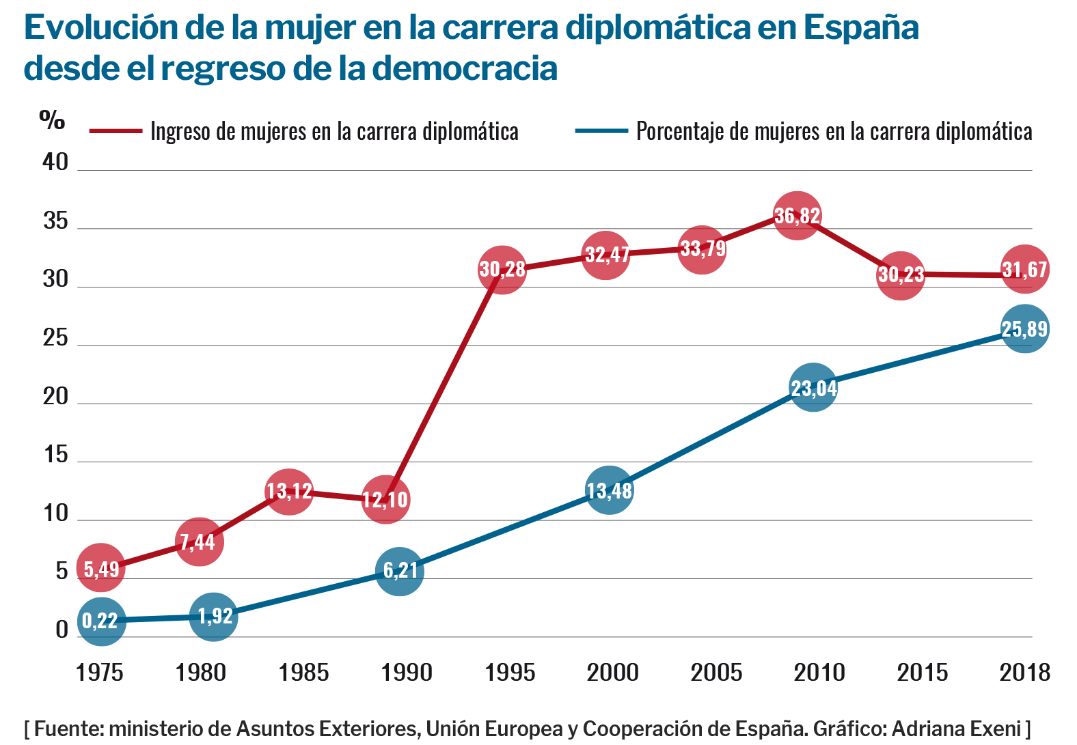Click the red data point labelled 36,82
point(797,216)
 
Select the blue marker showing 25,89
point(1024,329)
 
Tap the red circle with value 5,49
point(101,568)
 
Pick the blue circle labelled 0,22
point(101,621)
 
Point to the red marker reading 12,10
point(385,500)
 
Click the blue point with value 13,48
point(610,490)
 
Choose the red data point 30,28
point(502,269)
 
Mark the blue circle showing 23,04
point(813,388)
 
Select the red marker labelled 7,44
point(199,542)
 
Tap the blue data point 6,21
point(400,570)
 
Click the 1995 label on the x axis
point(510,673)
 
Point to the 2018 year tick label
point(1024,673)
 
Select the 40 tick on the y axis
point(56,162)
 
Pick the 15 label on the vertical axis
point(56,455)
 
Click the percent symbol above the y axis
point(52,121)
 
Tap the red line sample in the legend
point(115,130)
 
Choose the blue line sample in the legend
point(601,130)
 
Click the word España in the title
point(861,27)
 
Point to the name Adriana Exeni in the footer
point(956,729)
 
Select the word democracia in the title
point(465,68)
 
